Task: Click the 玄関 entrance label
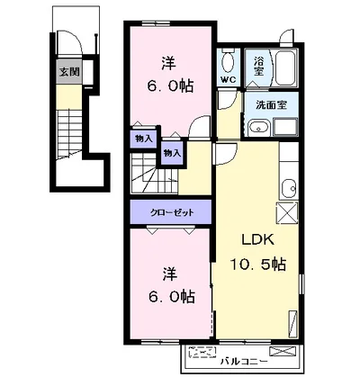pyautogui.click(x=69, y=72)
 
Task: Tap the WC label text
pyautogui.click(x=229, y=80)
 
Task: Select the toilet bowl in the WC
pyautogui.click(x=228, y=62)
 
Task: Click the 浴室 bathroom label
pyautogui.click(x=258, y=66)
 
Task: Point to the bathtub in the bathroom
pyautogui.click(x=286, y=68)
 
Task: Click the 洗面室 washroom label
pyautogui.click(x=272, y=105)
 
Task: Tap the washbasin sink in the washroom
pyautogui.click(x=259, y=128)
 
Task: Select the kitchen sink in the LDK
pyautogui.click(x=289, y=188)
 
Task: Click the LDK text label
pyautogui.click(x=258, y=240)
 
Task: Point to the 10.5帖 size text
pyautogui.click(x=257, y=265)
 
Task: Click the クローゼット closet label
pyautogui.click(x=172, y=212)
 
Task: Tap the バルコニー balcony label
pyautogui.click(x=244, y=362)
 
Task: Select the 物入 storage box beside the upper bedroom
pyautogui.click(x=144, y=139)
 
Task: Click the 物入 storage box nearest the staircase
pyautogui.click(x=172, y=153)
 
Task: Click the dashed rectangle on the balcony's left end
pyautogui.click(x=202, y=353)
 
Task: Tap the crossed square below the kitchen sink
pyautogui.click(x=287, y=212)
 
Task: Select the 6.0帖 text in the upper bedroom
pyautogui.click(x=170, y=87)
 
